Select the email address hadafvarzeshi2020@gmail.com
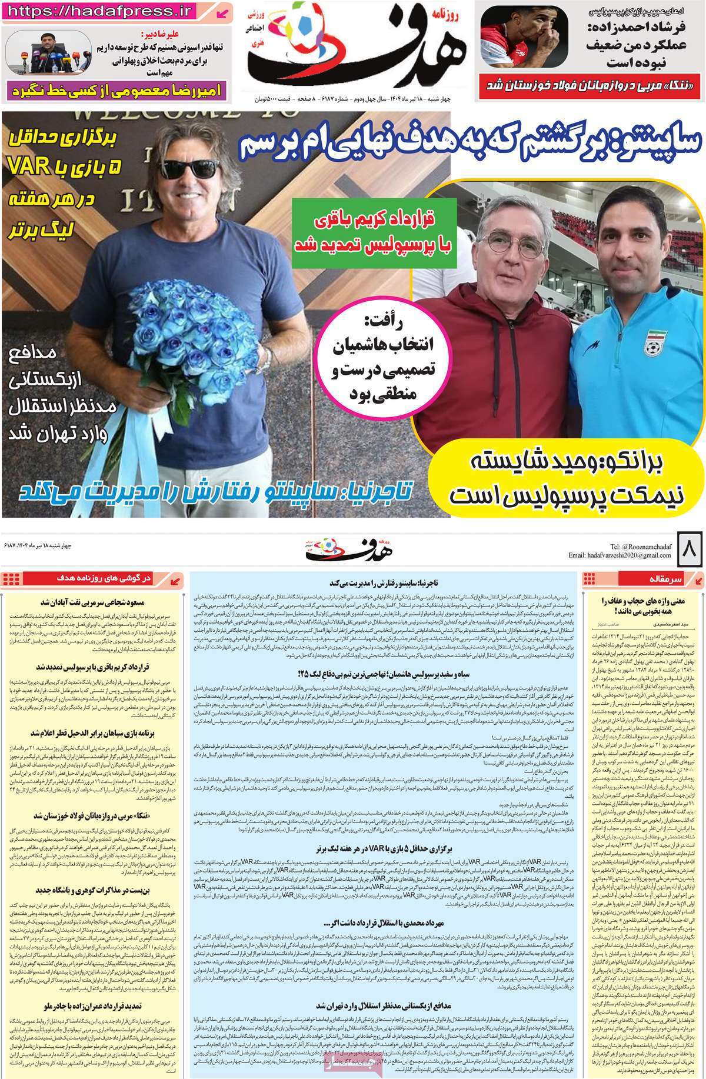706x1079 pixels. (x=624, y=555)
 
